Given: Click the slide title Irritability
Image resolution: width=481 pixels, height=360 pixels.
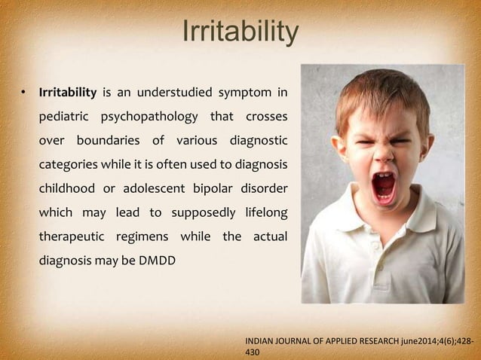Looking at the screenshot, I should tap(240, 32).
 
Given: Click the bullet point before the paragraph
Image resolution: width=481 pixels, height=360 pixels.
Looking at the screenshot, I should tap(23, 93).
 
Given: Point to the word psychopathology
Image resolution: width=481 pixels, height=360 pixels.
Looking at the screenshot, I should tap(161, 118).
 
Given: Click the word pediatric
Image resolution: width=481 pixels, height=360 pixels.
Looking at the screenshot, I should tap(65, 118).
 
